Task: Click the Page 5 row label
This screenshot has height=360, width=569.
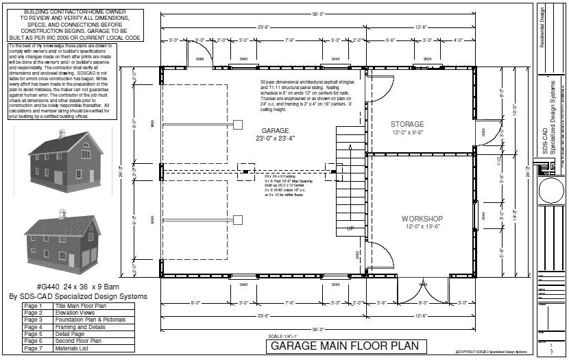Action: (32, 335)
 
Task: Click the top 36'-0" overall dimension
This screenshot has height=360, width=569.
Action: (332, 14)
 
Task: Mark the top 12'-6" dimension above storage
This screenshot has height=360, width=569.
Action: (422, 27)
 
